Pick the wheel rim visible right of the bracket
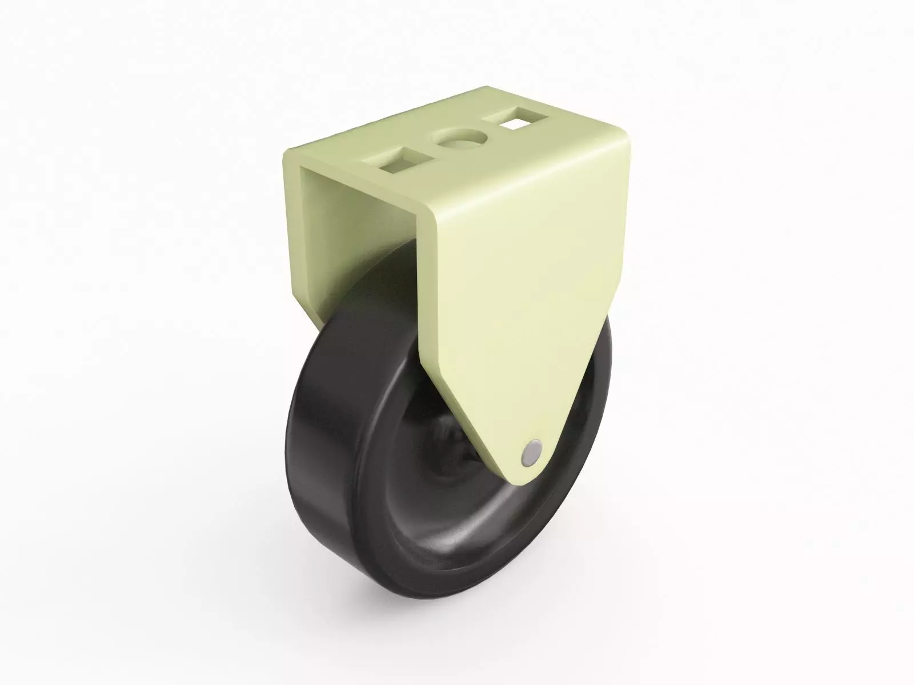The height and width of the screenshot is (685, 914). [x=600, y=400]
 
